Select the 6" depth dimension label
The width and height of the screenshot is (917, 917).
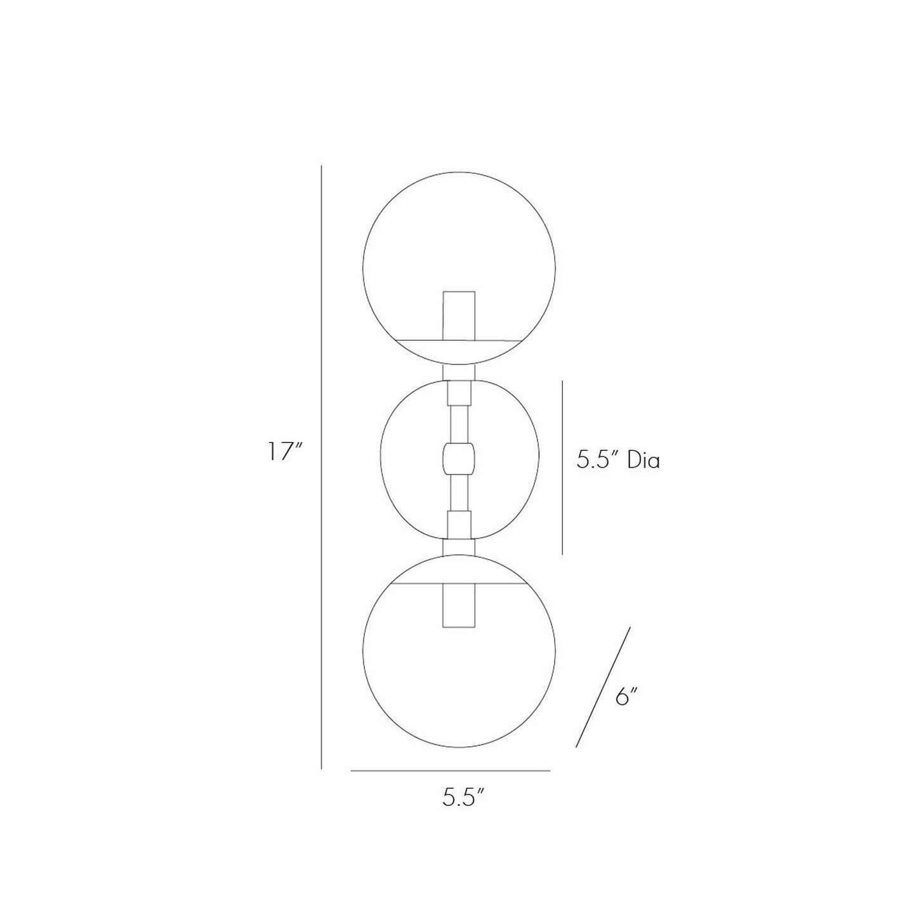(x=625, y=698)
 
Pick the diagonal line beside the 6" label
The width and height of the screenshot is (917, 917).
(x=603, y=687)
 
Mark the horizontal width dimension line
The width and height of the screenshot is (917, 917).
(x=451, y=770)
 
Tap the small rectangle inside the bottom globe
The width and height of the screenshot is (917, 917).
(x=459, y=605)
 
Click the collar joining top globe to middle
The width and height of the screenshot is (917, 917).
(x=459, y=373)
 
